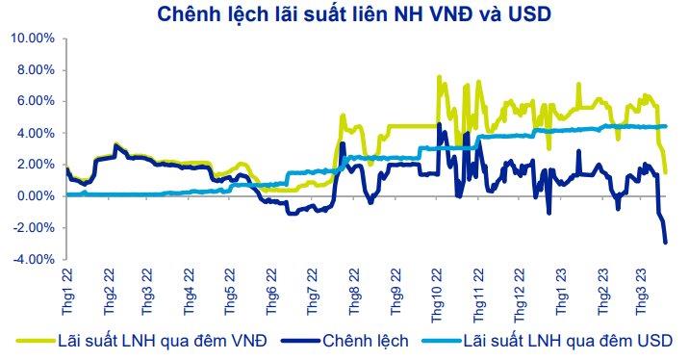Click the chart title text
353,13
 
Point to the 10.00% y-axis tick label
33,39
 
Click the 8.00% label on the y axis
36,70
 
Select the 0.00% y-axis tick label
36,195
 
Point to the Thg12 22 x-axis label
521,295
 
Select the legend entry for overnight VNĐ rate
141,341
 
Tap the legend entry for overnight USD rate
548,341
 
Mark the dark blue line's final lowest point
665,243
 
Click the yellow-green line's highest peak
439,77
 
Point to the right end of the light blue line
666,126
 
